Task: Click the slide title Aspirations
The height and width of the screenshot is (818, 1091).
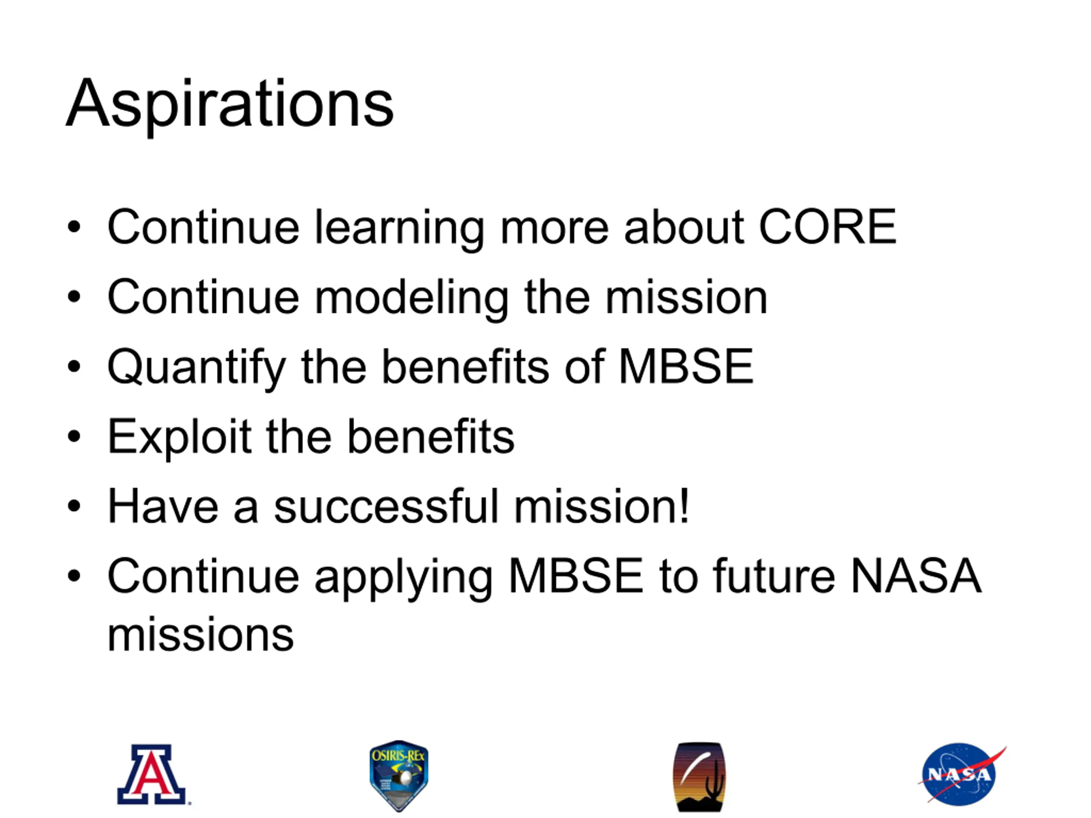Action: coord(230,105)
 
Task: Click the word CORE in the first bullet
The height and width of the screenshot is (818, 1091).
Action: coord(828,226)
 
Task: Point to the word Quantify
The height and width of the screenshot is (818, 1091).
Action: coord(197,369)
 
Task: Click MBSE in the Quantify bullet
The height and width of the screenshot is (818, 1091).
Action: coord(686,366)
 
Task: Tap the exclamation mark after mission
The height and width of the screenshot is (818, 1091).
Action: coord(684,505)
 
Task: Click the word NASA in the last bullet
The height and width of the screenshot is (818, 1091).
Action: coord(916,576)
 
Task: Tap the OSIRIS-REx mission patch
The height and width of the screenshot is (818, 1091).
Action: coord(399,775)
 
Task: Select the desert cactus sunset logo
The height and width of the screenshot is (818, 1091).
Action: coord(699,777)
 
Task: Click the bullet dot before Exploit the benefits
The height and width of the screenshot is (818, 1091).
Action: coord(74,436)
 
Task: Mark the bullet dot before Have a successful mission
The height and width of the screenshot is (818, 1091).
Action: coord(74,506)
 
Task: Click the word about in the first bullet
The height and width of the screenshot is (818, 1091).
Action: coord(684,227)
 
